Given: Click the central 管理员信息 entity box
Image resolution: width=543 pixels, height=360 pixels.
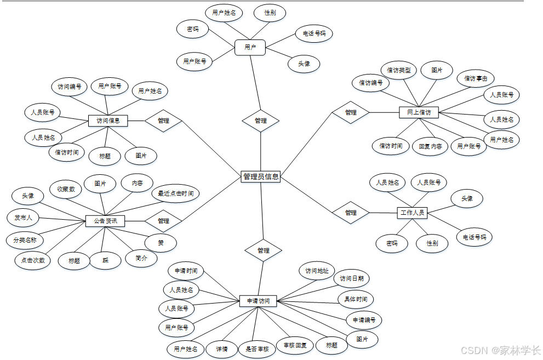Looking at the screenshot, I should coord(261,176).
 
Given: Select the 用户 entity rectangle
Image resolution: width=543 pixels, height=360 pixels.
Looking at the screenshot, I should coord(250,48).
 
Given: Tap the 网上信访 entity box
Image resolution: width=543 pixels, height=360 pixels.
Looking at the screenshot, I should coord(419,113).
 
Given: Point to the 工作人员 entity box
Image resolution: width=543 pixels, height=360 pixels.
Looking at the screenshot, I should coord(412,213).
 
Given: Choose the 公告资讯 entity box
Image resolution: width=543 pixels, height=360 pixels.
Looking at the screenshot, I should coord(105,221).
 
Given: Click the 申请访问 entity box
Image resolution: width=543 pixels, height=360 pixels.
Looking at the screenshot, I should coord(258,301).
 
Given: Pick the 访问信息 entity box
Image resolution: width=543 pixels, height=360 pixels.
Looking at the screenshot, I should coord(108,121).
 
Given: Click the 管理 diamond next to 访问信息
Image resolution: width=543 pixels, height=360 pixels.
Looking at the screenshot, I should coord(163,121).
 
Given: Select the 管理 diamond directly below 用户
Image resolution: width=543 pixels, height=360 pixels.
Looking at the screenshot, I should coord(261,121).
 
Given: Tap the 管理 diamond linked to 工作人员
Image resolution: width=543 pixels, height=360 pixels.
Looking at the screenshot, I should coord(351,213).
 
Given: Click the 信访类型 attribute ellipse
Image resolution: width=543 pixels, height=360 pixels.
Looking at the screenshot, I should coord(399,70).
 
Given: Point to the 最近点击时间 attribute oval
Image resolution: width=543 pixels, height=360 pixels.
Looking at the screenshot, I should coord(175,193).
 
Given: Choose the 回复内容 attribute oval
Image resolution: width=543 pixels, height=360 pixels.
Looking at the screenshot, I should coord(430,146).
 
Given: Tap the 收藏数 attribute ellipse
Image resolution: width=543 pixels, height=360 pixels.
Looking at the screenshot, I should coord(66,189).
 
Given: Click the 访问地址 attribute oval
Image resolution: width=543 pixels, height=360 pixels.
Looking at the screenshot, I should coord(317,271).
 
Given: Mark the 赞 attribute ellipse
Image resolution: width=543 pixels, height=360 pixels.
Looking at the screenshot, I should coord(161,242).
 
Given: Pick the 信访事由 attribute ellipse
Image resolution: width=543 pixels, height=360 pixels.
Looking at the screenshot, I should coord(476,78).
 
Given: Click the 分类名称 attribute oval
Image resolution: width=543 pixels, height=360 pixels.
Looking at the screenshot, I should coord(25,240).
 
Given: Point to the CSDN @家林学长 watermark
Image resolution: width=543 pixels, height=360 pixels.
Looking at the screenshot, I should coord(500,350).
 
